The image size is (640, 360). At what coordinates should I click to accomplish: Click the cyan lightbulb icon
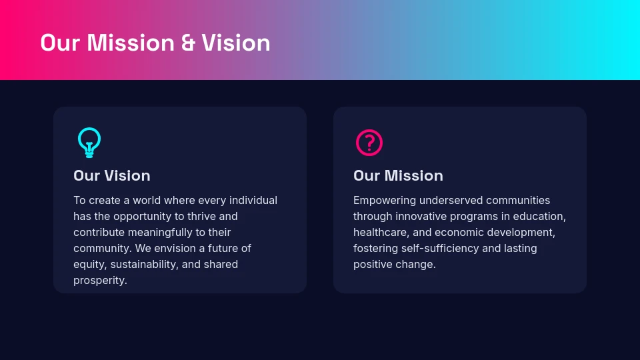[89, 142]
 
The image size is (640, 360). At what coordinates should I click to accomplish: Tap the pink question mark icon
[369, 143]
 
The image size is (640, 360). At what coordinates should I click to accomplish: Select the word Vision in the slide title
[236, 43]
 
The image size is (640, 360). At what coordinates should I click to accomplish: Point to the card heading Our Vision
[112, 175]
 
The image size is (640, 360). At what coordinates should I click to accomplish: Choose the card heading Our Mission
[398, 175]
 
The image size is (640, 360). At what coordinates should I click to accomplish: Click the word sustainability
[145, 264]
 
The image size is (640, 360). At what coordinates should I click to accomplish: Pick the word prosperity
[100, 280]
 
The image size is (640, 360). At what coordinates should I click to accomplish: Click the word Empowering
[385, 200]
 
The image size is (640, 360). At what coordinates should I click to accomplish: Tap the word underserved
[451, 200]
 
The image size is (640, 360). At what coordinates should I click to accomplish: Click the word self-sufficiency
[440, 248]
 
